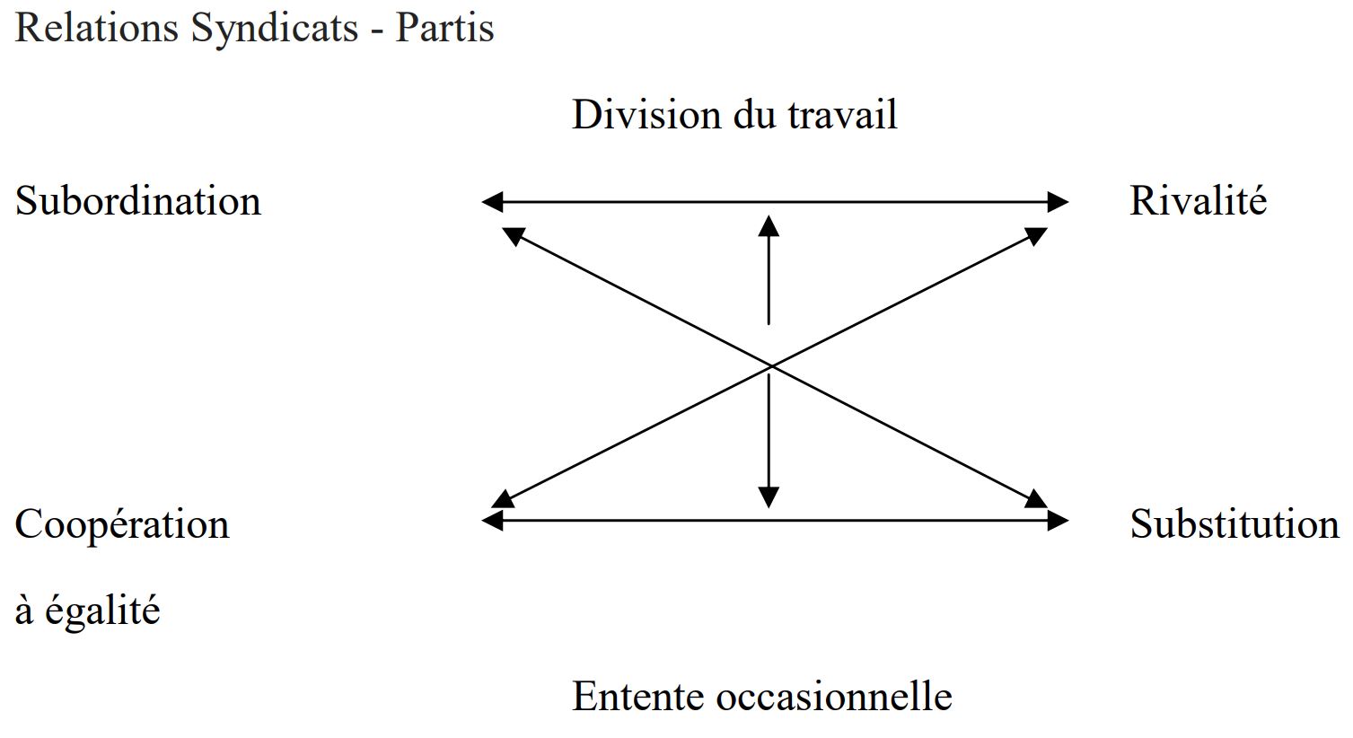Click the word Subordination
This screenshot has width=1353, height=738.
click(137, 200)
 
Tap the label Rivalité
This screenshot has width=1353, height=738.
click(1198, 200)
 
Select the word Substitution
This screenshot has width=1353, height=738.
click(1234, 523)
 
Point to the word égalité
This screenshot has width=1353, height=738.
click(102, 611)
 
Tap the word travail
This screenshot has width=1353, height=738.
click(842, 114)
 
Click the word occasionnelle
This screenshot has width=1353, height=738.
click(834, 697)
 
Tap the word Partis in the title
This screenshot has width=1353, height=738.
click(444, 28)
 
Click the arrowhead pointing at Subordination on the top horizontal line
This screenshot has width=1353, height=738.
click(492, 202)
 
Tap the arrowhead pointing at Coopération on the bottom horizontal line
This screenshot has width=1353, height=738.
click(492, 520)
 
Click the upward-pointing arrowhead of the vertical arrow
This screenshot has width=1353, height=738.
click(769, 226)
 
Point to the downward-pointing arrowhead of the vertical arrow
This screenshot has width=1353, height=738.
click(769, 497)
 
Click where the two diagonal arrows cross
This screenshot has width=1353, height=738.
click(771, 366)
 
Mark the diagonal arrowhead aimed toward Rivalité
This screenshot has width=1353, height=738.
click(1036, 235)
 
